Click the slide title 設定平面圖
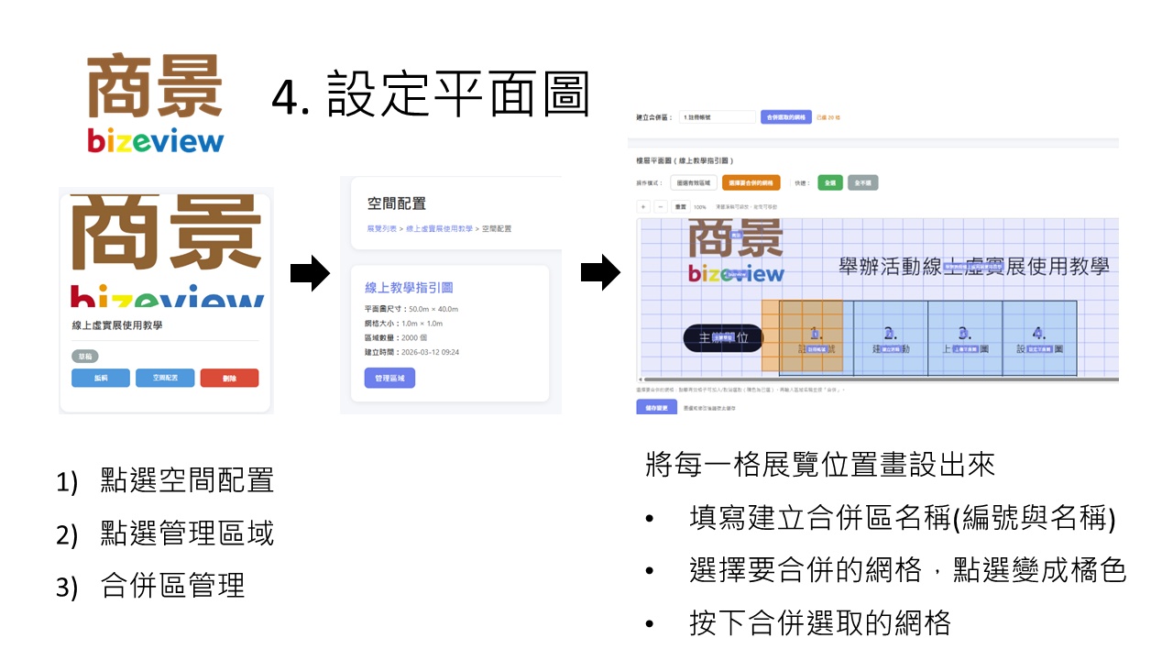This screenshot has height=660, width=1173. (x=431, y=95)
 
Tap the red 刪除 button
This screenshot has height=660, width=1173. (x=229, y=378)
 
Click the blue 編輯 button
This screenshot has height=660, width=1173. (x=101, y=378)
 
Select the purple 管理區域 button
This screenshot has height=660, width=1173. (x=389, y=378)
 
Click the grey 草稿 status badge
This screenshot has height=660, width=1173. (x=84, y=357)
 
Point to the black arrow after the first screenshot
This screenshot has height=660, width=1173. (x=310, y=273)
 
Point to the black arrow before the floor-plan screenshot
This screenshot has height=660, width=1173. (x=600, y=273)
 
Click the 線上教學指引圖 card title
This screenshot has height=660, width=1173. (x=409, y=288)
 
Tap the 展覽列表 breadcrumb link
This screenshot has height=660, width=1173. (x=382, y=228)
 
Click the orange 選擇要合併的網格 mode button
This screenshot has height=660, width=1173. (x=751, y=182)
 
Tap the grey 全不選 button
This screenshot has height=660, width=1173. (x=862, y=182)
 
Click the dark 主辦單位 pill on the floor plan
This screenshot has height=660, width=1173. (x=723, y=337)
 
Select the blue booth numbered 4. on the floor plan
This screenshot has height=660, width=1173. (x=1039, y=337)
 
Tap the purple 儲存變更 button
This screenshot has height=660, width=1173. (x=656, y=406)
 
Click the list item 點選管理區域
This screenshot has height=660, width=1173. (x=187, y=533)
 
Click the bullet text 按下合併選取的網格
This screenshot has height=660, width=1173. (x=820, y=624)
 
